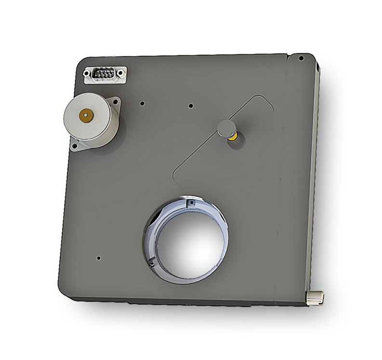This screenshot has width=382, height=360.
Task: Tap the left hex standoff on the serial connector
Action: click(x=88, y=74)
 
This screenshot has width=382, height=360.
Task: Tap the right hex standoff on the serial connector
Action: click(x=121, y=73)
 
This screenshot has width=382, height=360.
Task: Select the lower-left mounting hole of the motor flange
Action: click(x=75, y=145)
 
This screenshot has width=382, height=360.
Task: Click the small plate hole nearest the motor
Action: click(x=142, y=103)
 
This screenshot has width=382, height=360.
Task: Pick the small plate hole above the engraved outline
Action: click(x=191, y=105)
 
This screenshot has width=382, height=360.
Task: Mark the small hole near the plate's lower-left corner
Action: click(x=99, y=258)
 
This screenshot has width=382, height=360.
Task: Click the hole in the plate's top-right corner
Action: click(x=301, y=58)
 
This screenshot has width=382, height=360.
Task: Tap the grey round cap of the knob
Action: click(x=225, y=127)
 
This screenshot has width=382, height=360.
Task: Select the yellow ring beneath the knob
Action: click(x=232, y=137)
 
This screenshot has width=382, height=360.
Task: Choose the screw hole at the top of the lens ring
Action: click(x=192, y=203)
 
